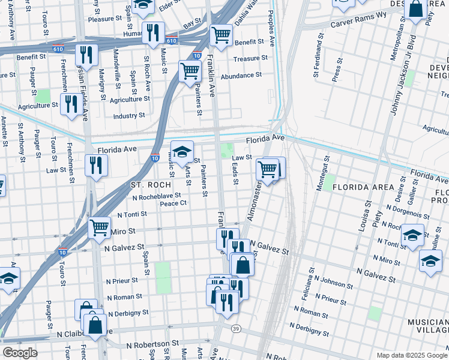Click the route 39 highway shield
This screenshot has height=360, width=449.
[236, 329]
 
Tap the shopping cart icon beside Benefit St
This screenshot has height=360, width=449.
[221, 34]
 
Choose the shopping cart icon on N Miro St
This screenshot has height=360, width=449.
[99, 227]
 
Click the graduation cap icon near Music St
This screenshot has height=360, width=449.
[182, 150]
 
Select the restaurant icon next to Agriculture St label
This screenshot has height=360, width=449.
[71, 103]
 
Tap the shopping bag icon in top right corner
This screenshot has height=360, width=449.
[415, 9]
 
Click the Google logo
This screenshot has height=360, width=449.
[20, 353]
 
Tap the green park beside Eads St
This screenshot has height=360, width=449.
[226, 150]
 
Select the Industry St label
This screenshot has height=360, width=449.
[129, 115]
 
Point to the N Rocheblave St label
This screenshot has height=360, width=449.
[156, 196]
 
